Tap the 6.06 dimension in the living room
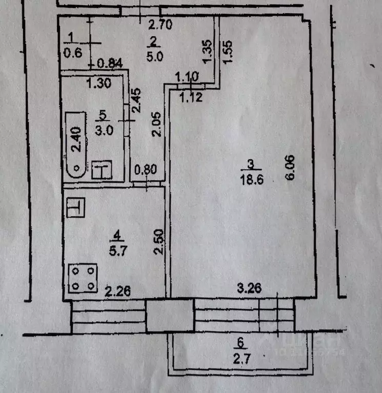tap(290, 168)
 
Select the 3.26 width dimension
tap(250, 288)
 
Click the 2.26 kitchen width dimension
tap(117, 292)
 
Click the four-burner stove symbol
tap(83, 278)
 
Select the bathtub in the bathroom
tap(76, 145)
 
